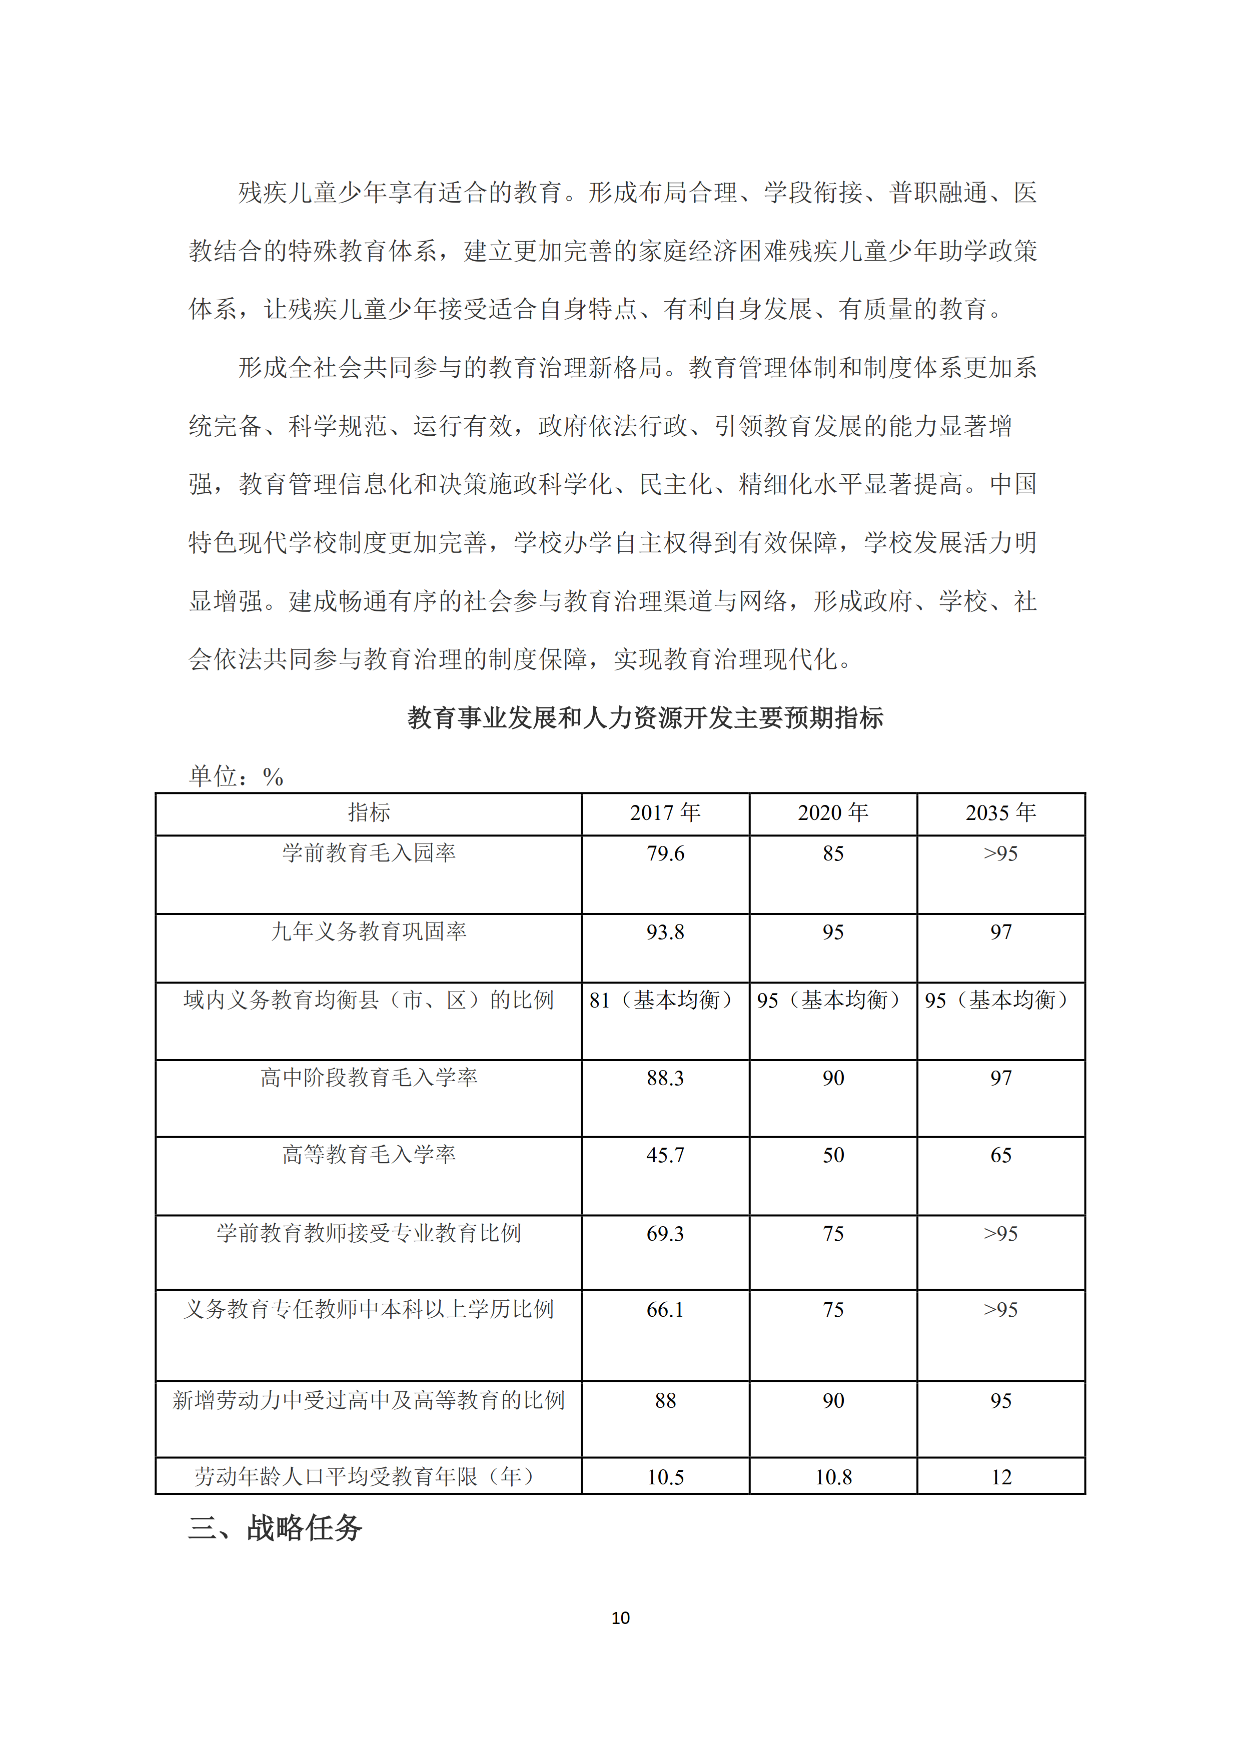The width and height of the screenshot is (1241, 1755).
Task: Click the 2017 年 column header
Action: (x=665, y=812)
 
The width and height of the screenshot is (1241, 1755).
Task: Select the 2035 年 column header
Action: (x=1000, y=812)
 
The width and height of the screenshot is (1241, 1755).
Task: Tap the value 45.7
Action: (x=665, y=1155)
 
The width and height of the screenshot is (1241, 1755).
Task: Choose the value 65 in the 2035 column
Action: (x=1000, y=1155)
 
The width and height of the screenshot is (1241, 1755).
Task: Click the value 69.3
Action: (x=665, y=1234)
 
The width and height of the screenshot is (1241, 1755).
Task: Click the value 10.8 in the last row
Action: (x=833, y=1477)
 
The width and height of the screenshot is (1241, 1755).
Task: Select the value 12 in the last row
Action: (x=1000, y=1477)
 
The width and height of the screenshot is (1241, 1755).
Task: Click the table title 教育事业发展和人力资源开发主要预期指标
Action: (x=646, y=718)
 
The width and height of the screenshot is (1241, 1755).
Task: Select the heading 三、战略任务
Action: (x=275, y=1529)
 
